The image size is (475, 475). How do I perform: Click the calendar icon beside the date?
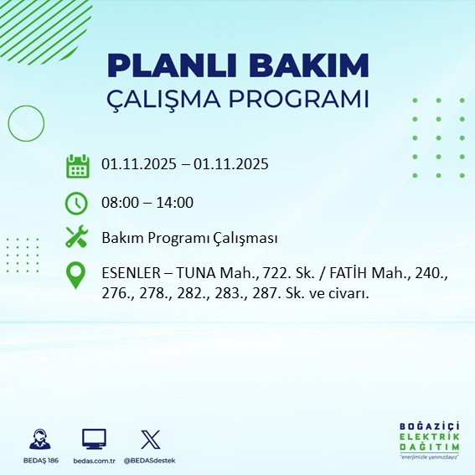77,166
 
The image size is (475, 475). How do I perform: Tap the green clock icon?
77,203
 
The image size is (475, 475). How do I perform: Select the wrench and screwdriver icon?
77,238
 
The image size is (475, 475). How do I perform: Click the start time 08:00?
119,203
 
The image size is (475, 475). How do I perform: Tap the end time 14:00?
176,203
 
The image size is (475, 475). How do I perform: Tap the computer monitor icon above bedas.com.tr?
94,439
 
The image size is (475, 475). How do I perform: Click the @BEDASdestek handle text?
150,461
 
